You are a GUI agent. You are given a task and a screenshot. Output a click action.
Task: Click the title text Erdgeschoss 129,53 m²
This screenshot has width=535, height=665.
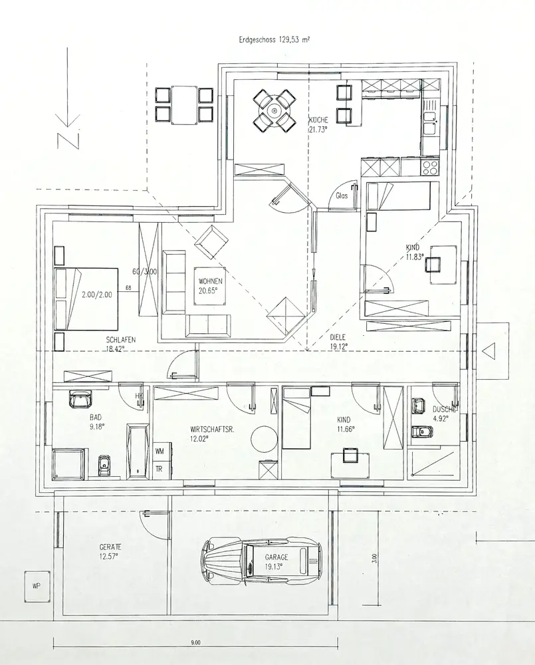click(x=274, y=40)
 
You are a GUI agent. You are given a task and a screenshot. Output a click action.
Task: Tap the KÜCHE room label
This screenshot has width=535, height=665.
click(x=318, y=120)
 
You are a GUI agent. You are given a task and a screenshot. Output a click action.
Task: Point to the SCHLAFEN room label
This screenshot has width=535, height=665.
click(x=120, y=340)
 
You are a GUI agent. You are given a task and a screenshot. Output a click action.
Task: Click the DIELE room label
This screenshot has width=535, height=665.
click(x=338, y=337)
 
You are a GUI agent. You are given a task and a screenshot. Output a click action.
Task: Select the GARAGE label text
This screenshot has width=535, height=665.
click(x=275, y=557)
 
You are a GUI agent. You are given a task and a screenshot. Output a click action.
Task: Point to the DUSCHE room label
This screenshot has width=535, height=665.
click(x=444, y=410)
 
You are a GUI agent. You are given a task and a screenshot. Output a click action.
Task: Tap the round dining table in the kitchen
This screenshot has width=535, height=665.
click(x=274, y=109)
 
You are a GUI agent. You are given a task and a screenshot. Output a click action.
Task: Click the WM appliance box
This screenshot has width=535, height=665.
click(x=160, y=452)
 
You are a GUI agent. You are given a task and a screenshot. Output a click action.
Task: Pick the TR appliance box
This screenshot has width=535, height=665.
click(x=160, y=468)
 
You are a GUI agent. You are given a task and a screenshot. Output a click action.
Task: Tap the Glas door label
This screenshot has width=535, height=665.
click(x=342, y=196)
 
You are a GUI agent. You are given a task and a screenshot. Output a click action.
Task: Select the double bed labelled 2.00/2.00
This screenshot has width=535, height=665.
click(x=86, y=299)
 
